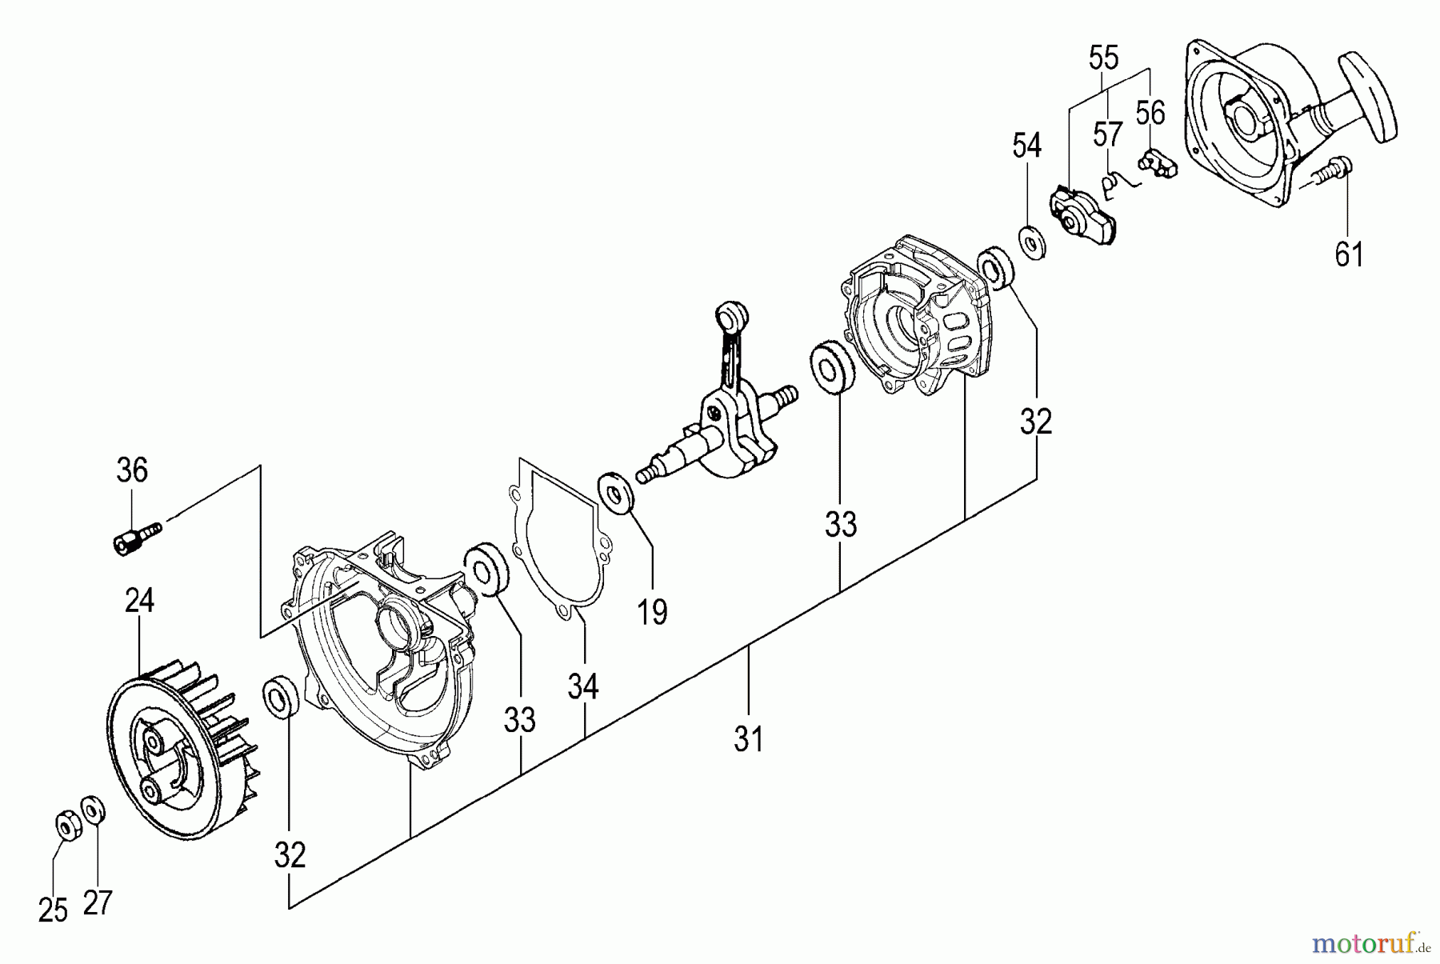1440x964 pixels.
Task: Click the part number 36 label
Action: tap(132, 470)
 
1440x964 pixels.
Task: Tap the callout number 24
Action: tap(139, 601)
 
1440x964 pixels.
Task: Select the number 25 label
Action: tap(53, 910)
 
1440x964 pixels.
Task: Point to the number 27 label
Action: tap(98, 902)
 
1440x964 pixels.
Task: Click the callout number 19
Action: tap(652, 613)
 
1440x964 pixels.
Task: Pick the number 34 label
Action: tap(583, 686)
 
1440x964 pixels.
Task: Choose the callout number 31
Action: tap(748, 739)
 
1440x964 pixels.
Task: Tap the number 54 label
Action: tap(1027, 146)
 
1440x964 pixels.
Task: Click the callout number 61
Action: tap(1349, 254)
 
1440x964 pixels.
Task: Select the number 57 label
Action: tap(1108, 135)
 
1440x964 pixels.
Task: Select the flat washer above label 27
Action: tap(93, 807)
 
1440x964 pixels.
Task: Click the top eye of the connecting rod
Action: tap(730, 314)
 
